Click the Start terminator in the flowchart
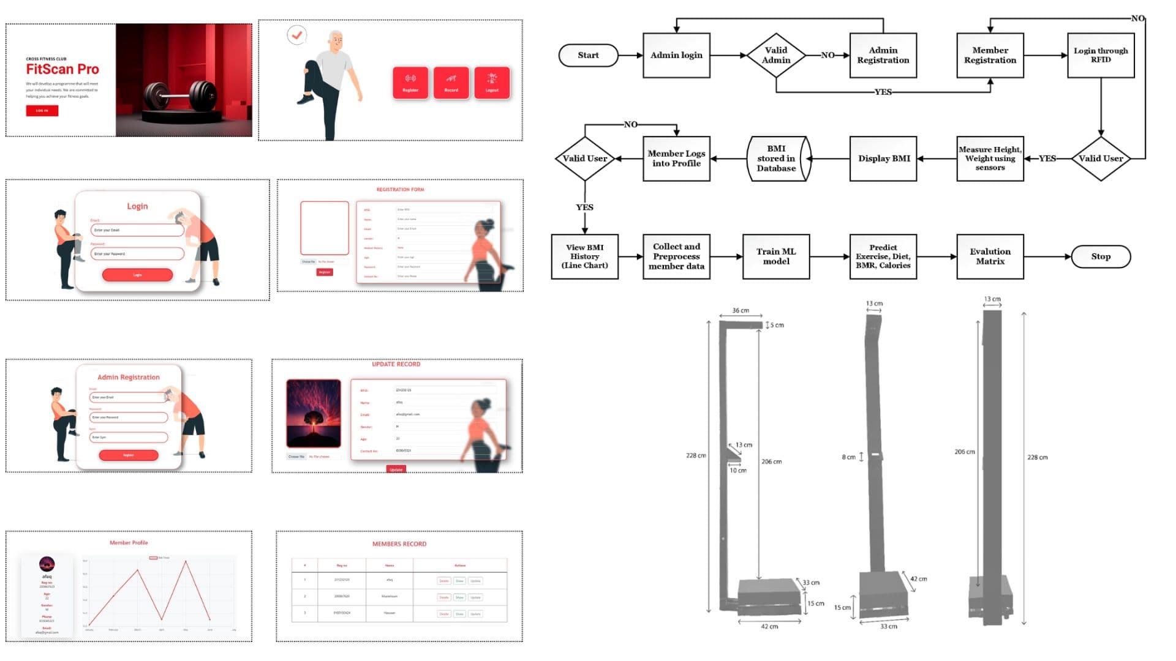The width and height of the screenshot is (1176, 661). click(588, 55)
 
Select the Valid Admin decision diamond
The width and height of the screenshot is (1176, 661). click(775, 55)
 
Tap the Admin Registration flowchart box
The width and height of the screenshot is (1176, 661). click(883, 55)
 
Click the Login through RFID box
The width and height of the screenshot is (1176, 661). click(1100, 55)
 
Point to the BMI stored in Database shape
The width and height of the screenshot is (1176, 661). click(777, 159)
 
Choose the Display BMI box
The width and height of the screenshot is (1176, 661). click(883, 159)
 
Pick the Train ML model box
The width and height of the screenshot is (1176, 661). click(775, 256)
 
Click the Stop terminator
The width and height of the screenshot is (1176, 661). click(1100, 256)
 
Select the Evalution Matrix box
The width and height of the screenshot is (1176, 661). click(990, 256)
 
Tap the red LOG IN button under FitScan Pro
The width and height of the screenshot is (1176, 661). click(42, 111)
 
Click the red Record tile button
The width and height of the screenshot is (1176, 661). click(451, 83)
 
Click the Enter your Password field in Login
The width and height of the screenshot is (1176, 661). click(137, 253)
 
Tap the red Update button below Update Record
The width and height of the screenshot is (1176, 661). click(396, 469)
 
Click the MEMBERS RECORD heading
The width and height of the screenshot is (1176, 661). click(399, 543)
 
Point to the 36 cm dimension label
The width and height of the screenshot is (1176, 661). click(741, 310)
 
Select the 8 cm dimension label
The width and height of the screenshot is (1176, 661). click(848, 457)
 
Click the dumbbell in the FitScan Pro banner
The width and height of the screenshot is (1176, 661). click(180, 97)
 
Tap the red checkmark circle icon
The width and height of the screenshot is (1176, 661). click(297, 35)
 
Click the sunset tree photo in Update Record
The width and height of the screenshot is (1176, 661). click(314, 413)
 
